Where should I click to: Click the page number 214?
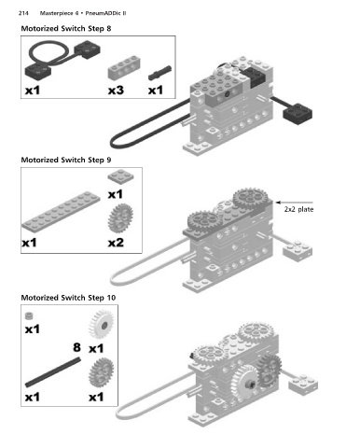pos(23,13)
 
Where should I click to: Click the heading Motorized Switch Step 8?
pos(66,29)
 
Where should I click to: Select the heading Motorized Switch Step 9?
pos(66,160)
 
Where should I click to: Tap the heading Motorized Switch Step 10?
pos(68,298)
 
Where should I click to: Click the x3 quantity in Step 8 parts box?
pos(116,91)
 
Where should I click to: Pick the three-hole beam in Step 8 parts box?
pos(124,67)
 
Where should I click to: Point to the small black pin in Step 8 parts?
pos(159,73)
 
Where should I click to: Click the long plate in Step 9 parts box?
pos(61,211)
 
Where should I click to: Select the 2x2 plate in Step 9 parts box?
pos(121,176)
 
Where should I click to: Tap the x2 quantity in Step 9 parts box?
pos(116,243)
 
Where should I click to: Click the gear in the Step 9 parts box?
pos(120,218)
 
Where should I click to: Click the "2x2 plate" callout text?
pos(298,209)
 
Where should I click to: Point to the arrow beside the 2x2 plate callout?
pos(294,203)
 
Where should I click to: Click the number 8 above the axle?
pos(76,347)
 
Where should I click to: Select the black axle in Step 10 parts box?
pos(53,372)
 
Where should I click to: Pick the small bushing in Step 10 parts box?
pos(29,315)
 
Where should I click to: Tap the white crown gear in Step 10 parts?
pos(101,324)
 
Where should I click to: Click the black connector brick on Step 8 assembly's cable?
pos(298,114)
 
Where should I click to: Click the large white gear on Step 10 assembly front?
pos(246,385)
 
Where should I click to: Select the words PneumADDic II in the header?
pos(105,13)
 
